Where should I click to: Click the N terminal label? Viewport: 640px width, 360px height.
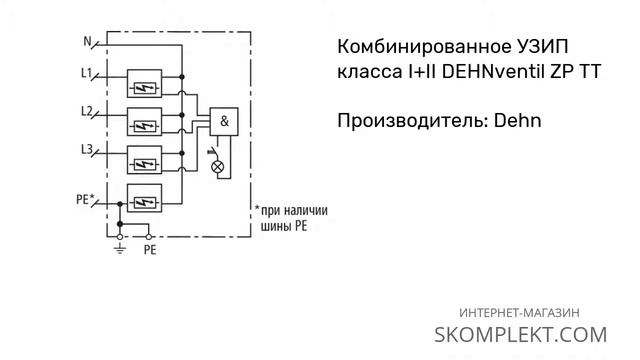pos(86,41)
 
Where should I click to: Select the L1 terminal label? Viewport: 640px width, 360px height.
pos(86,73)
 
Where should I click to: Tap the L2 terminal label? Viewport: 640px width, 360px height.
pos(86,109)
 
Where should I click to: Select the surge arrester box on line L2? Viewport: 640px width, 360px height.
pos(146,126)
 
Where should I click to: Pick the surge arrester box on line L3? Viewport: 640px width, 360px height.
pos(146,164)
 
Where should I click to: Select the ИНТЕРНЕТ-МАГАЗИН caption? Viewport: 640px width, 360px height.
pos(520,312)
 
